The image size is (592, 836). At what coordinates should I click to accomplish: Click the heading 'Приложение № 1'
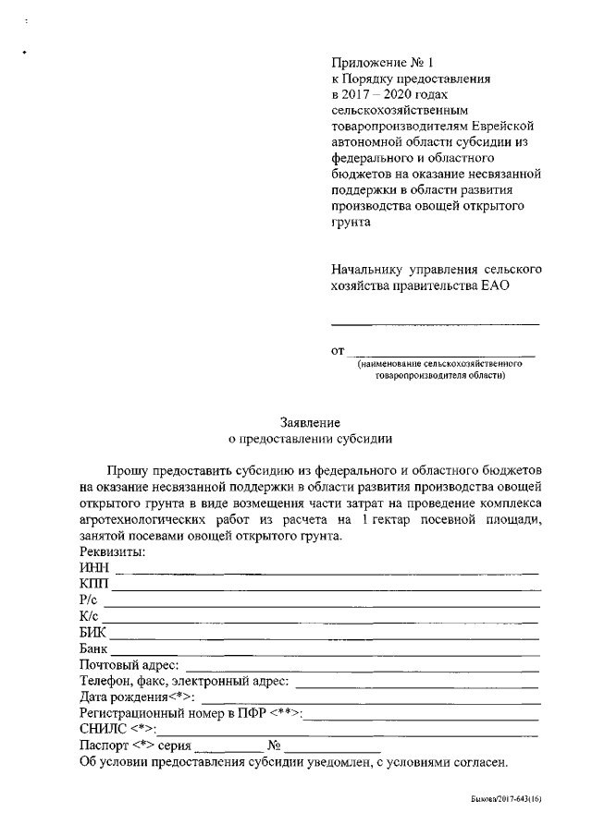coord(382,63)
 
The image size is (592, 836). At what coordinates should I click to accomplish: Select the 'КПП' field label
coord(94,584)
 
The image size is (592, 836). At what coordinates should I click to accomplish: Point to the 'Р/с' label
coord(90,600)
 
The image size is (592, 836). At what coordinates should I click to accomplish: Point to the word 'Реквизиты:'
coord(113,551)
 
